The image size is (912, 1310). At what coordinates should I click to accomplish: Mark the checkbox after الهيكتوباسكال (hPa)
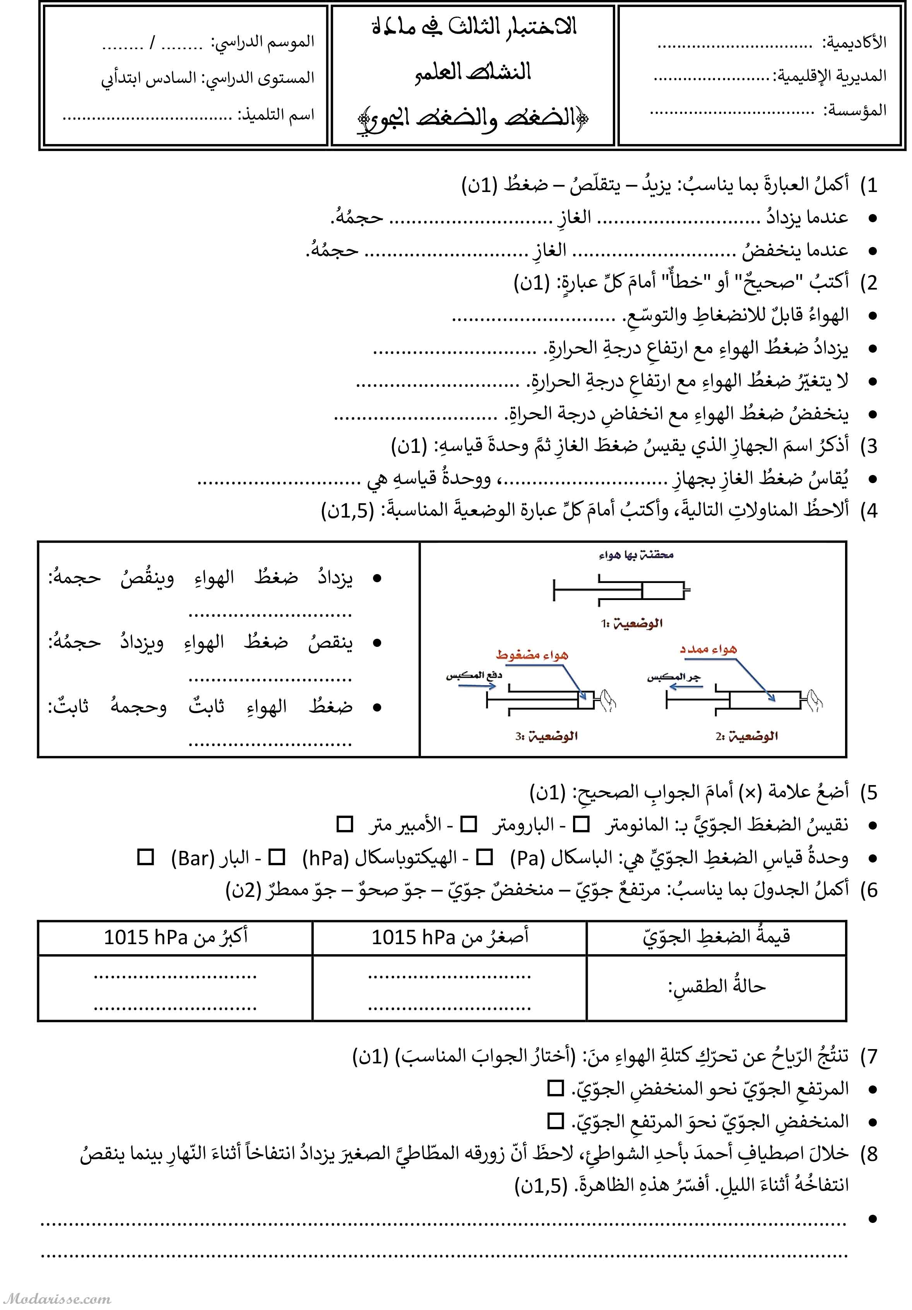pos(277,857)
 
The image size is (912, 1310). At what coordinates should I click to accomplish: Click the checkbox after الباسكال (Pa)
pos(484,857)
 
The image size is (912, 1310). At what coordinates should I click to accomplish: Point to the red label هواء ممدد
pos(708,649)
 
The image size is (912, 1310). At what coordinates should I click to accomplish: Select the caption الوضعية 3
pos(546,736)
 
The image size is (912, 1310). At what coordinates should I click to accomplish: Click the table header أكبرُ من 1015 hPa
pos(175,937)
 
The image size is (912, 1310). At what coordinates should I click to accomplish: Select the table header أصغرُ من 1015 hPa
pos(450,937)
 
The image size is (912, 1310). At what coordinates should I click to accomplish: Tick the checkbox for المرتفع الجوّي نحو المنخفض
pos(555,1088)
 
